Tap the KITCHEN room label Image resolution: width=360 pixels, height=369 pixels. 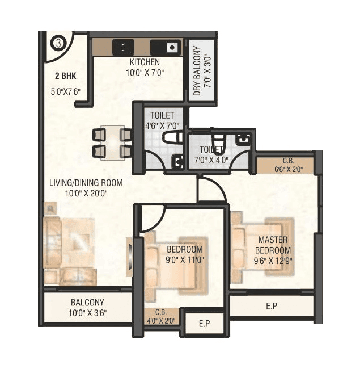click(145, 62)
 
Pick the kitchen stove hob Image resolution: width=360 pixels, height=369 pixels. click(122, 48)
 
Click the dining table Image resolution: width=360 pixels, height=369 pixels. click(113, 142)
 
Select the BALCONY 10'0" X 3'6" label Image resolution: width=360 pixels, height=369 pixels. click(87, 307)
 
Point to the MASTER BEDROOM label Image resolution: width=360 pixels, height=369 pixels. click(273, 245)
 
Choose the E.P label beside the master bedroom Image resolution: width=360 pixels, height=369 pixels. click(272, 306)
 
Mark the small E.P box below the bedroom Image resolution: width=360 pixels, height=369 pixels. click(204, 324)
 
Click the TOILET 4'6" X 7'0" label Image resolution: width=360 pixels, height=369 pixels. click(162, 120)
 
